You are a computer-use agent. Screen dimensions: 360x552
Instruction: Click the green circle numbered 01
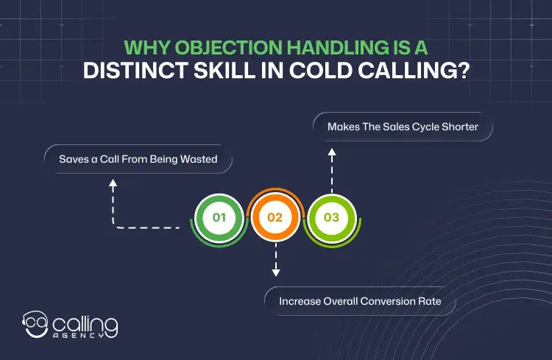[x=219, y=218]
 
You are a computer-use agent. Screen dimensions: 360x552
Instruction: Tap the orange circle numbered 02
[x=275, y=218]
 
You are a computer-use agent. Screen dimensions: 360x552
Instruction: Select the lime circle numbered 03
[x=331, y=218]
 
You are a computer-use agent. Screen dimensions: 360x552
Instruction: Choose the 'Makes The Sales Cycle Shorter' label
[x=403, y=127]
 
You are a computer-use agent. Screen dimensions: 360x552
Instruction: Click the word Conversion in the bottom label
[x=398, y=301]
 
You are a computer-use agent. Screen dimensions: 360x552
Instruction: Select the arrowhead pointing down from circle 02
[x=275, y=272]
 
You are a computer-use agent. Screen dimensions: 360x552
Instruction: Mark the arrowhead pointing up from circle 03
[x=331, y=152]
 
